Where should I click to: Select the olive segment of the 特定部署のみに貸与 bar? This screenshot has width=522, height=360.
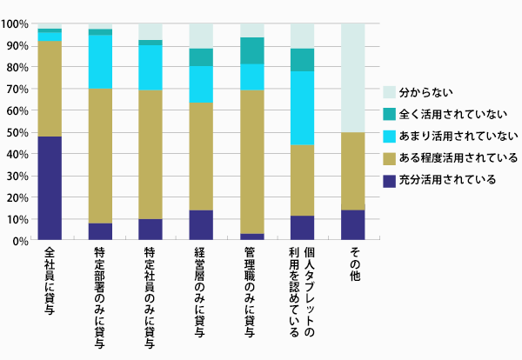point(100,156)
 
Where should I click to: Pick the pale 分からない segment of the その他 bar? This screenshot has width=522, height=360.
point(352,78)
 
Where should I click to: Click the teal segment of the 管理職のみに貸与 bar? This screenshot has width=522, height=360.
point(251,50)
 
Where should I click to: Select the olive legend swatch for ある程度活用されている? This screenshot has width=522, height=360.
point(389,158)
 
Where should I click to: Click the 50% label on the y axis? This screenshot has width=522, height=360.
point(17,133)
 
